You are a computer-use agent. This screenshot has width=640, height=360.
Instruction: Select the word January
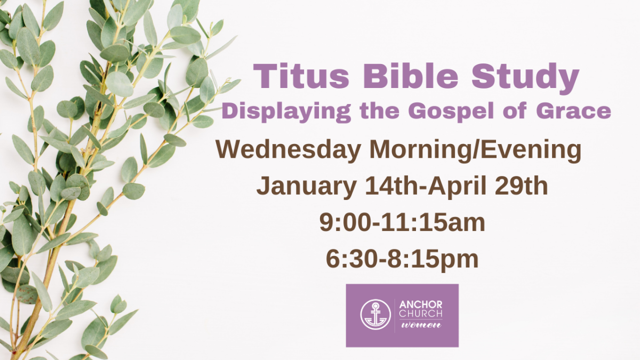[x=306, y=187]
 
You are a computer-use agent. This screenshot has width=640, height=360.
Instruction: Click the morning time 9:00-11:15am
[x=402, y=223]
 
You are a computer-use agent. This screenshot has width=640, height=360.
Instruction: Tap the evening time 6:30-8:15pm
[x=402, y=259]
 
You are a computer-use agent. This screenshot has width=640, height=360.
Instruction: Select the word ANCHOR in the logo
[x=421, y=305]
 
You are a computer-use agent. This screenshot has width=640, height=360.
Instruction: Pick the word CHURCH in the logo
[x=421, y=314]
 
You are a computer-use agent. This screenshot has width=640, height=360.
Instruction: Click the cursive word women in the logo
[x=421, y=325]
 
